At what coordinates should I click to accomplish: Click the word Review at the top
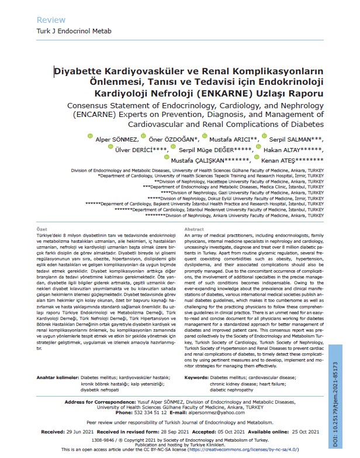(x=51, y=19)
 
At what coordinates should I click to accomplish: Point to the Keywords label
(x=200, y=378)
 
